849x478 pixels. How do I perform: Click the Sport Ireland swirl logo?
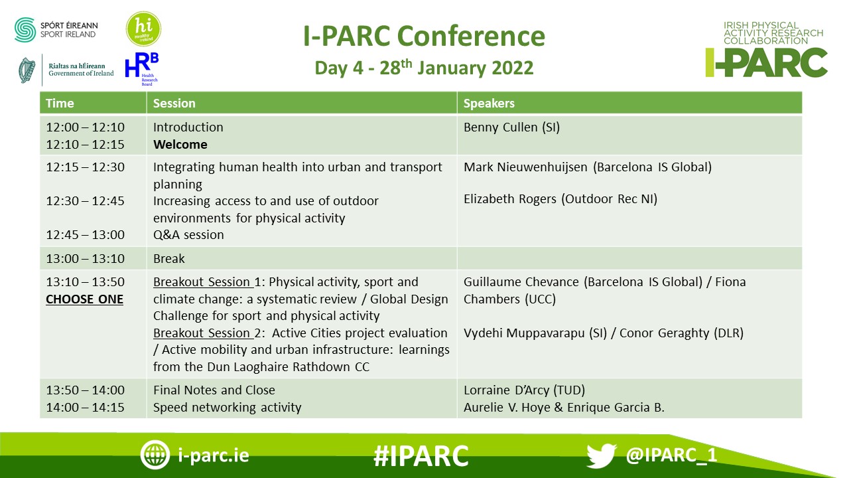(x=25, y=30)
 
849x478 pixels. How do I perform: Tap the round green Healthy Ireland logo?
(x=143, y=29)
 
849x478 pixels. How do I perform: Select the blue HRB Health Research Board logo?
(x=142, y=69)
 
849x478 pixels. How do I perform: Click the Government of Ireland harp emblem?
(x=27, y=70)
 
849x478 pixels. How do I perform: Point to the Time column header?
(x=60, y=103)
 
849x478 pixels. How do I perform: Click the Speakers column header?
(x=489, y=103)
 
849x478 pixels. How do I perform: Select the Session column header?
(x=174, y=103)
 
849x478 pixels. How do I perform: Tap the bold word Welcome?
(x=180, y=145)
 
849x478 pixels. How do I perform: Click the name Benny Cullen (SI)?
(x=511, y=127)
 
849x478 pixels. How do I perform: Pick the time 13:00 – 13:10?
(x=86, y=259)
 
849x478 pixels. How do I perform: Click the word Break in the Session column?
(x=168, y=259)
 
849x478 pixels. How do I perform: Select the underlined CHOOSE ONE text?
(x=84, y=299)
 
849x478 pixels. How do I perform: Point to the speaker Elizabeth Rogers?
(x=510, y=199)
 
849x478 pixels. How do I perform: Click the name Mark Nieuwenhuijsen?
(x=525, y=167)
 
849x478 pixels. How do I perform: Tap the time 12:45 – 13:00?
(x=86, y=235)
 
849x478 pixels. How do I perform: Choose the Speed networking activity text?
(x=227, y=408)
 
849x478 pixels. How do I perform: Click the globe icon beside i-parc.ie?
(x=155, y=455)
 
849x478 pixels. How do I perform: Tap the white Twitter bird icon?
(x=602, y=455)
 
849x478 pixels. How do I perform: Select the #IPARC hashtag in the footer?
(x=421, y=455)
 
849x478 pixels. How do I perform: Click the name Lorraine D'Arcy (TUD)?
(x=524, y=390)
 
